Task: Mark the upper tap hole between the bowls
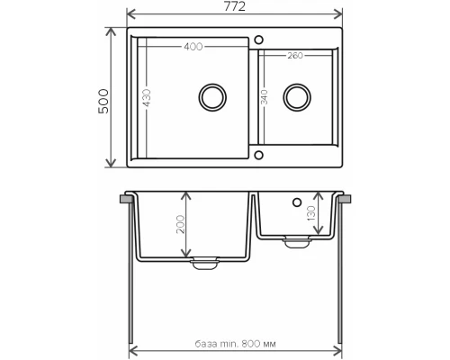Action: [258, 40]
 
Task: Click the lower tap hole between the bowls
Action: [258, 154]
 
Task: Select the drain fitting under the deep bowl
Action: [204, 262]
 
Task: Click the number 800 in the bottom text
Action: [255, 343]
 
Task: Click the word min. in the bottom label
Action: [231, 343]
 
